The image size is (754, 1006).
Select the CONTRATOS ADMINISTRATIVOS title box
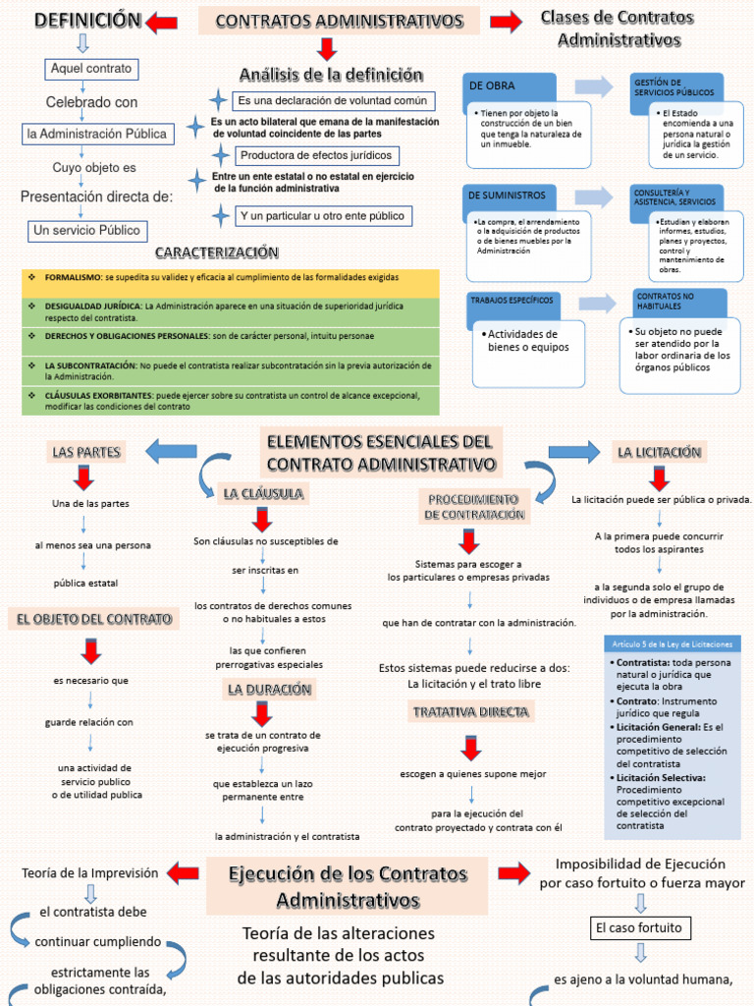(x=339, y=21)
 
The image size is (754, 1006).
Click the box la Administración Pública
(x=97, y=134)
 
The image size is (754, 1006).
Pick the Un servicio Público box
(x=87, y=230)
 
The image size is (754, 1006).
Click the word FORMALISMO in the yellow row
(x=73, y=278)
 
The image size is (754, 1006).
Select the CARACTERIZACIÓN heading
(x=217, y=252)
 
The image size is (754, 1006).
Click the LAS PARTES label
(x=86, y=452)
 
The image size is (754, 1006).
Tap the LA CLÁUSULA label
(x=262, y=493)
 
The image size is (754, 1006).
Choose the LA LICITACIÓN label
(x=659, y=452)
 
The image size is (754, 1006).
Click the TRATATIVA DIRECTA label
(x=470, y=711)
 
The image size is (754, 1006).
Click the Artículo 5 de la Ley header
(x=673, y=644)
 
